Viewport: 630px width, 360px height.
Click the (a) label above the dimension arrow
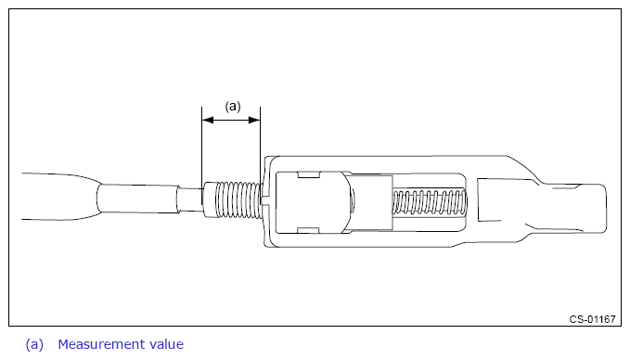click(x=233, y=107)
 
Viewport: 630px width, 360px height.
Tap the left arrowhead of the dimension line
click(x=207, y=120)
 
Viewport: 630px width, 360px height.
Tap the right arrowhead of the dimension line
click(x=255, y=120)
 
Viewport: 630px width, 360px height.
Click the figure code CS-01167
click(x=592, y=319)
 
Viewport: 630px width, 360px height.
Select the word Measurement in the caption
click(x=101, y=344)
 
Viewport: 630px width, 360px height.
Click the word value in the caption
click(x=166, y=344)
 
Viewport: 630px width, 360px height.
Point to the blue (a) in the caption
click(x=34, y=345)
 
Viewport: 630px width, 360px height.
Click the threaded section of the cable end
click(x=238, y=199)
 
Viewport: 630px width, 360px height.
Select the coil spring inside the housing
click(x=430, y=201)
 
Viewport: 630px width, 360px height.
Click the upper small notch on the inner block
click(x=308, y=174)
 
